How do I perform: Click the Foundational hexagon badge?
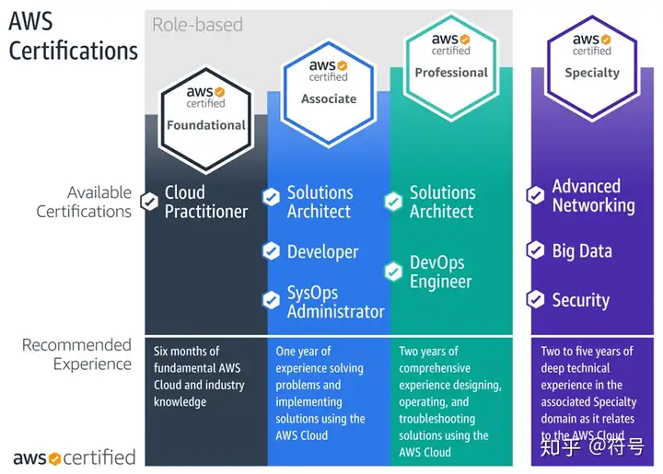point(206,120)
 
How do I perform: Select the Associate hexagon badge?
point(329,93)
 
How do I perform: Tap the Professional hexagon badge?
point(451,67)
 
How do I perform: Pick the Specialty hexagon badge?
point(592,67)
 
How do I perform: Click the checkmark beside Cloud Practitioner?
point(149,202)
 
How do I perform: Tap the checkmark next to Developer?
point(271,251)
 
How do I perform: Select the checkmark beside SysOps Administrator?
point(271,300)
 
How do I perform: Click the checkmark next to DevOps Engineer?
point(393,272)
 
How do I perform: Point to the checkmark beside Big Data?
point(535,250)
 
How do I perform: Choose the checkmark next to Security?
point(535,299)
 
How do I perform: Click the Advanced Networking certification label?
point(593,196)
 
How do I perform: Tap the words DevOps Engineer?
point(440,272)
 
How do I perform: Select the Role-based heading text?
point(197,25)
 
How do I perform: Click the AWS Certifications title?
point(73,36)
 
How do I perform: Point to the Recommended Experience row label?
point(76,354)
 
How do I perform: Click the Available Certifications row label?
point(84,202)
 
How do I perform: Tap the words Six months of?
point(186,351)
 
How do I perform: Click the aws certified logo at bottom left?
point(75,457)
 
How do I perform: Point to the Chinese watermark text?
point(592,446)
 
